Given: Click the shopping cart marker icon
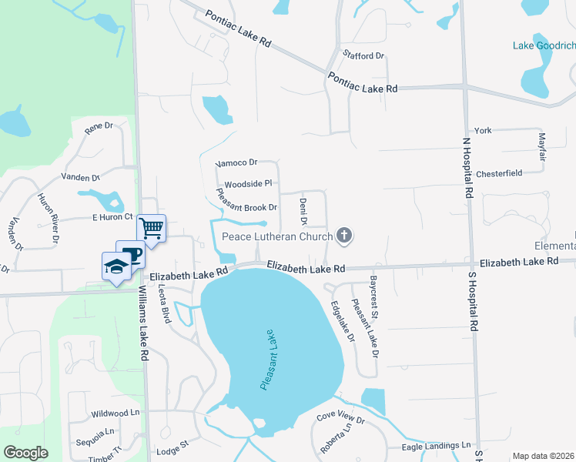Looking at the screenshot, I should [x=152, y=227].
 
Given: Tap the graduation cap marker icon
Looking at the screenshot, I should [x=116, y=266].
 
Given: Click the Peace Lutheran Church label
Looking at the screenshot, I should [x=277, y=236].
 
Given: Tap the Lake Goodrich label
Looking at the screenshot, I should [x=544, y=45].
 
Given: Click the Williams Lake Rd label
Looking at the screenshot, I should [x=142, y=324].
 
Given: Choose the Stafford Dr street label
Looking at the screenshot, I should [x=364, y=56].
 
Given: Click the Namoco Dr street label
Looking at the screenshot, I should [x=235, y=163].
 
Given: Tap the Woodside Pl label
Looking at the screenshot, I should [x=248, y=184].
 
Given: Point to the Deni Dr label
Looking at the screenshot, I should [x=303, y=210].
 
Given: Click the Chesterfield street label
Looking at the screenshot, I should [x=499, y=173].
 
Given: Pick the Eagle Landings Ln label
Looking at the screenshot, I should [x=436, y=446].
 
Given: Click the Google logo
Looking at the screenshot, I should [x=25, y=453].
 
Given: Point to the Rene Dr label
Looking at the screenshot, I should [x=99, y=129].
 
